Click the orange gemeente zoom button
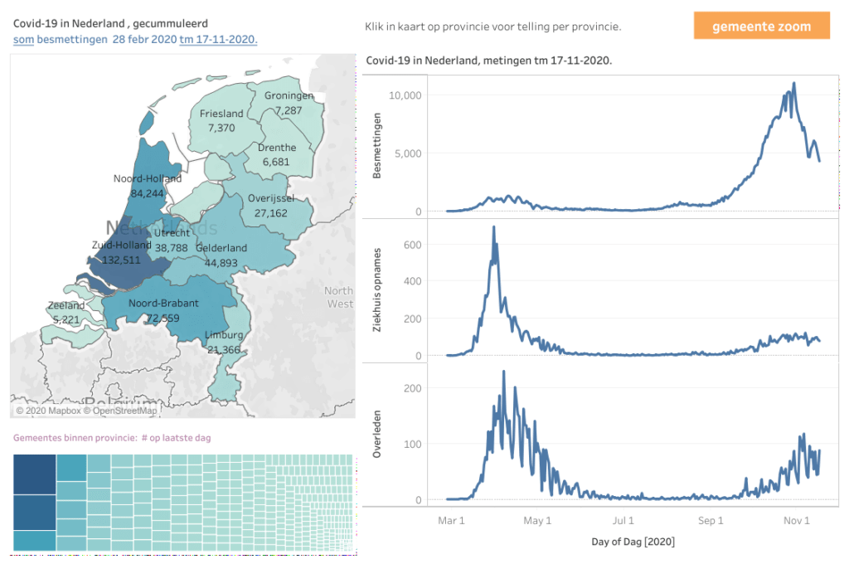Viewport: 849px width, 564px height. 762,27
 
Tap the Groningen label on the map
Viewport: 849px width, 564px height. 289,95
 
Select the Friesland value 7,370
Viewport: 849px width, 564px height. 221,128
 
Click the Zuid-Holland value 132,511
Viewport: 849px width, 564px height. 122,260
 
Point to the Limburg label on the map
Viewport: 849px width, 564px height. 224,335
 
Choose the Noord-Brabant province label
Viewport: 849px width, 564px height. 163,304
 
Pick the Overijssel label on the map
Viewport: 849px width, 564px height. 271,198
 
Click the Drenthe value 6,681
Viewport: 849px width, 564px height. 276,162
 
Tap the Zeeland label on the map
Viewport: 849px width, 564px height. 66,305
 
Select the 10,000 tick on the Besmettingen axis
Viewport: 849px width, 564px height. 405,95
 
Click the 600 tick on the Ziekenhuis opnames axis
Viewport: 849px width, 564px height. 412,244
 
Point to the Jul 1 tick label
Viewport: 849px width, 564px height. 623,521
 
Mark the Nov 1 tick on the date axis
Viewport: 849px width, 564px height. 796,521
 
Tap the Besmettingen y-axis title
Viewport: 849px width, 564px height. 378,153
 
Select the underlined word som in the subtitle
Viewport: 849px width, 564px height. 23,39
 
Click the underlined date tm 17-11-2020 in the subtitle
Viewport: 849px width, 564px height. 218,39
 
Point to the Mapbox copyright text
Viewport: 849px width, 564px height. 48,411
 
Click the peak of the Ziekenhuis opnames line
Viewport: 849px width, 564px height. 494,227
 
